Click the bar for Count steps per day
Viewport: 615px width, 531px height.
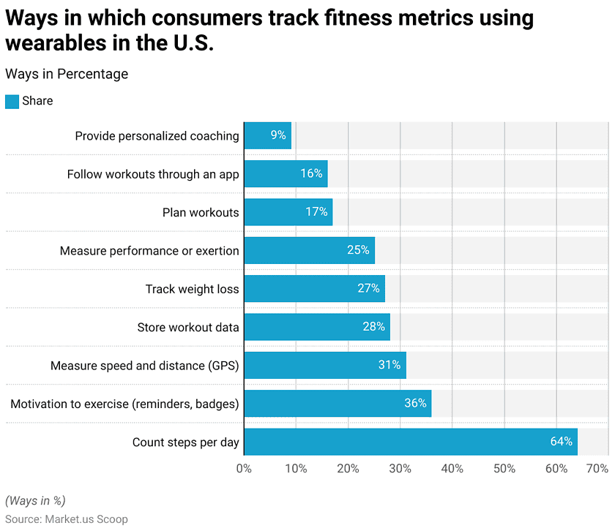[x=410, y=442]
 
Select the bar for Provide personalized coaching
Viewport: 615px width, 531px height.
[x=267, y=135]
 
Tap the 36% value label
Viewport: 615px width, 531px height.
[x=415, y=403]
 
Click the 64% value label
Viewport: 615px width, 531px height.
[x=562, y=442]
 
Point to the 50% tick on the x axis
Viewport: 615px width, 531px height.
[x=504, y=468]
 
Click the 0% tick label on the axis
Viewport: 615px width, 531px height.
[x=244, y=468]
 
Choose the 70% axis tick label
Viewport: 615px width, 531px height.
[x=597, y=468]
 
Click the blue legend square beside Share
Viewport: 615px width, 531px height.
[x=12, y=101]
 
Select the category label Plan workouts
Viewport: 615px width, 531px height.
[x=201, y=212]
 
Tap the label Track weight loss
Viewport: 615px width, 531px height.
[x=192, y=289]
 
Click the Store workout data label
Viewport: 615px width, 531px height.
[x=188, y=327]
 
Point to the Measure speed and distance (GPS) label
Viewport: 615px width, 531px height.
[x=144, y=365]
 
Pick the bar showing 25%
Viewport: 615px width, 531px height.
[x=309, y=250]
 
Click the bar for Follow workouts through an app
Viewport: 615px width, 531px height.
[x=286, y=173]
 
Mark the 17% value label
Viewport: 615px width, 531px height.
[x=316, y=212]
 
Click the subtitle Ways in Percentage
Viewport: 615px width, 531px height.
[x=67, y=74]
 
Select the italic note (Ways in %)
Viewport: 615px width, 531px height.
[x=35, y=500]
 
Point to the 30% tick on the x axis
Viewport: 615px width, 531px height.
[x=400, y=468]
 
